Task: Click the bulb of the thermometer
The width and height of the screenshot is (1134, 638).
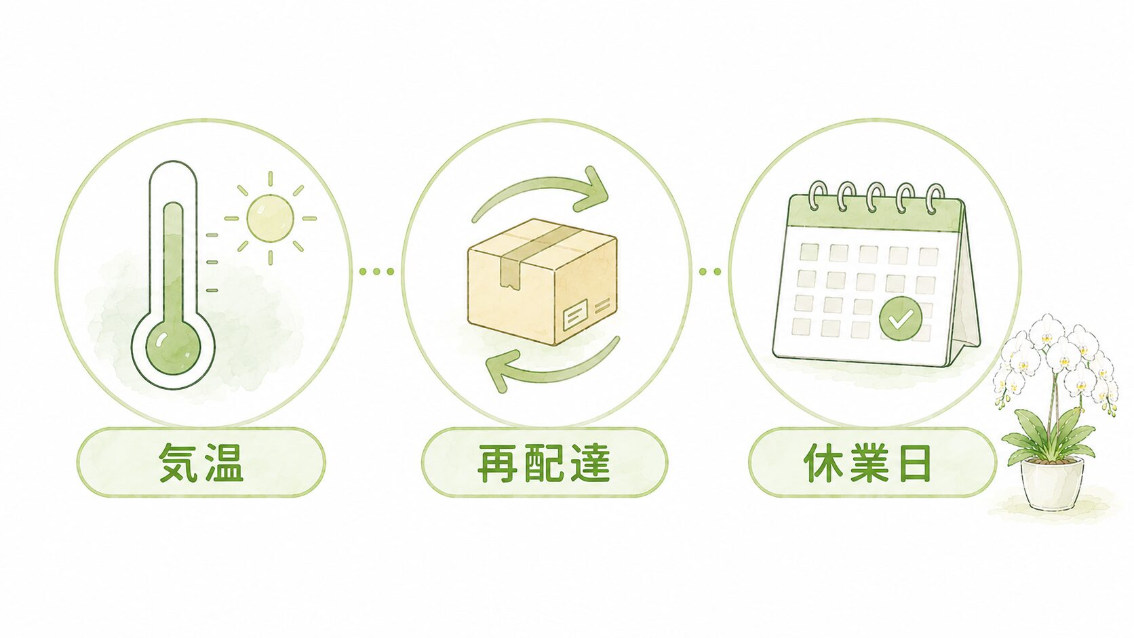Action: [x=173, y=347]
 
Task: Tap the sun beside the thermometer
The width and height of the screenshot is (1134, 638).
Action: [x=271, y=218]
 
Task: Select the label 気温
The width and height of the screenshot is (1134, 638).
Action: [x=201, y=462]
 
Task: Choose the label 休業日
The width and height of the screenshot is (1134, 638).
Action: [x=867, y=462]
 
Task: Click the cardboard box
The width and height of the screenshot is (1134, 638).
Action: [x=542, y=281]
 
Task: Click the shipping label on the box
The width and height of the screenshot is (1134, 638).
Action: [x=575, y=315]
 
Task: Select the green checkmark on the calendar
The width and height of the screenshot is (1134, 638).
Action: [x=900, y=319]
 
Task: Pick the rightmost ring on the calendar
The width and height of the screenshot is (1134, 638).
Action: [x=935, y=199]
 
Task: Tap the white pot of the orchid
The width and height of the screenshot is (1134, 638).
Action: [x=1052, y=483]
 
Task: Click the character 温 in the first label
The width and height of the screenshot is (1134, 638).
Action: [x=223, y=462]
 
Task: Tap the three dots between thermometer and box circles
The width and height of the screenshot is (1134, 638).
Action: [x=376, y=272]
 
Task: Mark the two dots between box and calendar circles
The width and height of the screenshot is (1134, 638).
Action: [x=709, y=272]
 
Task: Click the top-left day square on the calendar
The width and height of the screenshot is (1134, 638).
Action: [x=808, y=252]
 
